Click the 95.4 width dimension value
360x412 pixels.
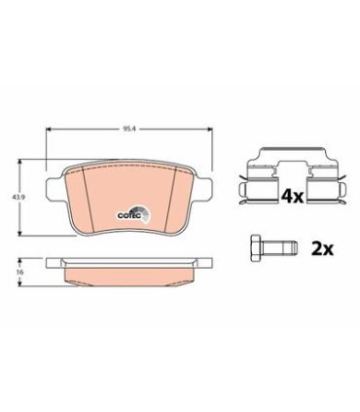click(126, 129)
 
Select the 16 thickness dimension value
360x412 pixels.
click(20, 272)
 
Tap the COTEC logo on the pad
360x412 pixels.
click(134, 214)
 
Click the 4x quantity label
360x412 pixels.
click(292, 196)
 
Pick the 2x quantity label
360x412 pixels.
click(322, 249)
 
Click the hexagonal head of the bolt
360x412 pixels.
click(257, 248)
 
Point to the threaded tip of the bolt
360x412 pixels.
click(293, 248)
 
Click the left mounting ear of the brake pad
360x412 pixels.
click(54, 189)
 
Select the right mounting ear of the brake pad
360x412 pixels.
click(203, 189)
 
